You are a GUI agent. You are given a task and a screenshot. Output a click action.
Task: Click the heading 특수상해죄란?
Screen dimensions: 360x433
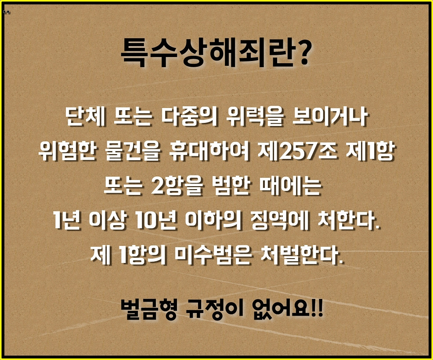point(216,51)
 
